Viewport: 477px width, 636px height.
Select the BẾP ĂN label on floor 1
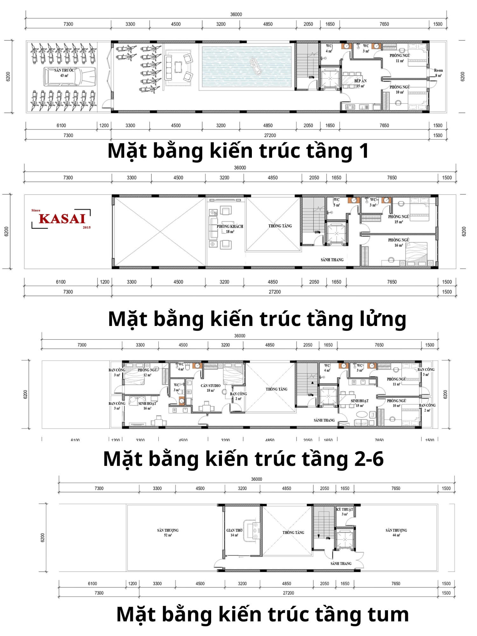pos(360,83)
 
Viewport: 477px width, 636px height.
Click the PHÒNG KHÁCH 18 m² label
pos(230,229)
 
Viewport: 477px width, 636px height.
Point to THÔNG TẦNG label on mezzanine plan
pos(280,226)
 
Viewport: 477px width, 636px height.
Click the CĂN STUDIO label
pos(211,388)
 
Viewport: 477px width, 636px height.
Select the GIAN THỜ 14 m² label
pos(234,532)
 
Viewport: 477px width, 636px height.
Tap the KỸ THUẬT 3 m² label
pos(345,511)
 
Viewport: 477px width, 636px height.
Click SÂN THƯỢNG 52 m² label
pos(168,532)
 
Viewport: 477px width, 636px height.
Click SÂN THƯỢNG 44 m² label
pos(396,532)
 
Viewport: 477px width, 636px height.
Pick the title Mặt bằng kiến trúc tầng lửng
pos(257,319)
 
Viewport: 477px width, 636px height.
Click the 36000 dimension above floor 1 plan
pos(236,14)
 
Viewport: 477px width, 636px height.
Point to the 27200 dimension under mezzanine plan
pos(275,292)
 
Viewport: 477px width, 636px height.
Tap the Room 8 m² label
pos(438,73)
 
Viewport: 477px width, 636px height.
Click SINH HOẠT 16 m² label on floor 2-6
pos(147,405)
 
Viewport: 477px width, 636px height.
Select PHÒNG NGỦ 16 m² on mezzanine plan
pos(398,242)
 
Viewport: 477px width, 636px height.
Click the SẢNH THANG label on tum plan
pos(341,563)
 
